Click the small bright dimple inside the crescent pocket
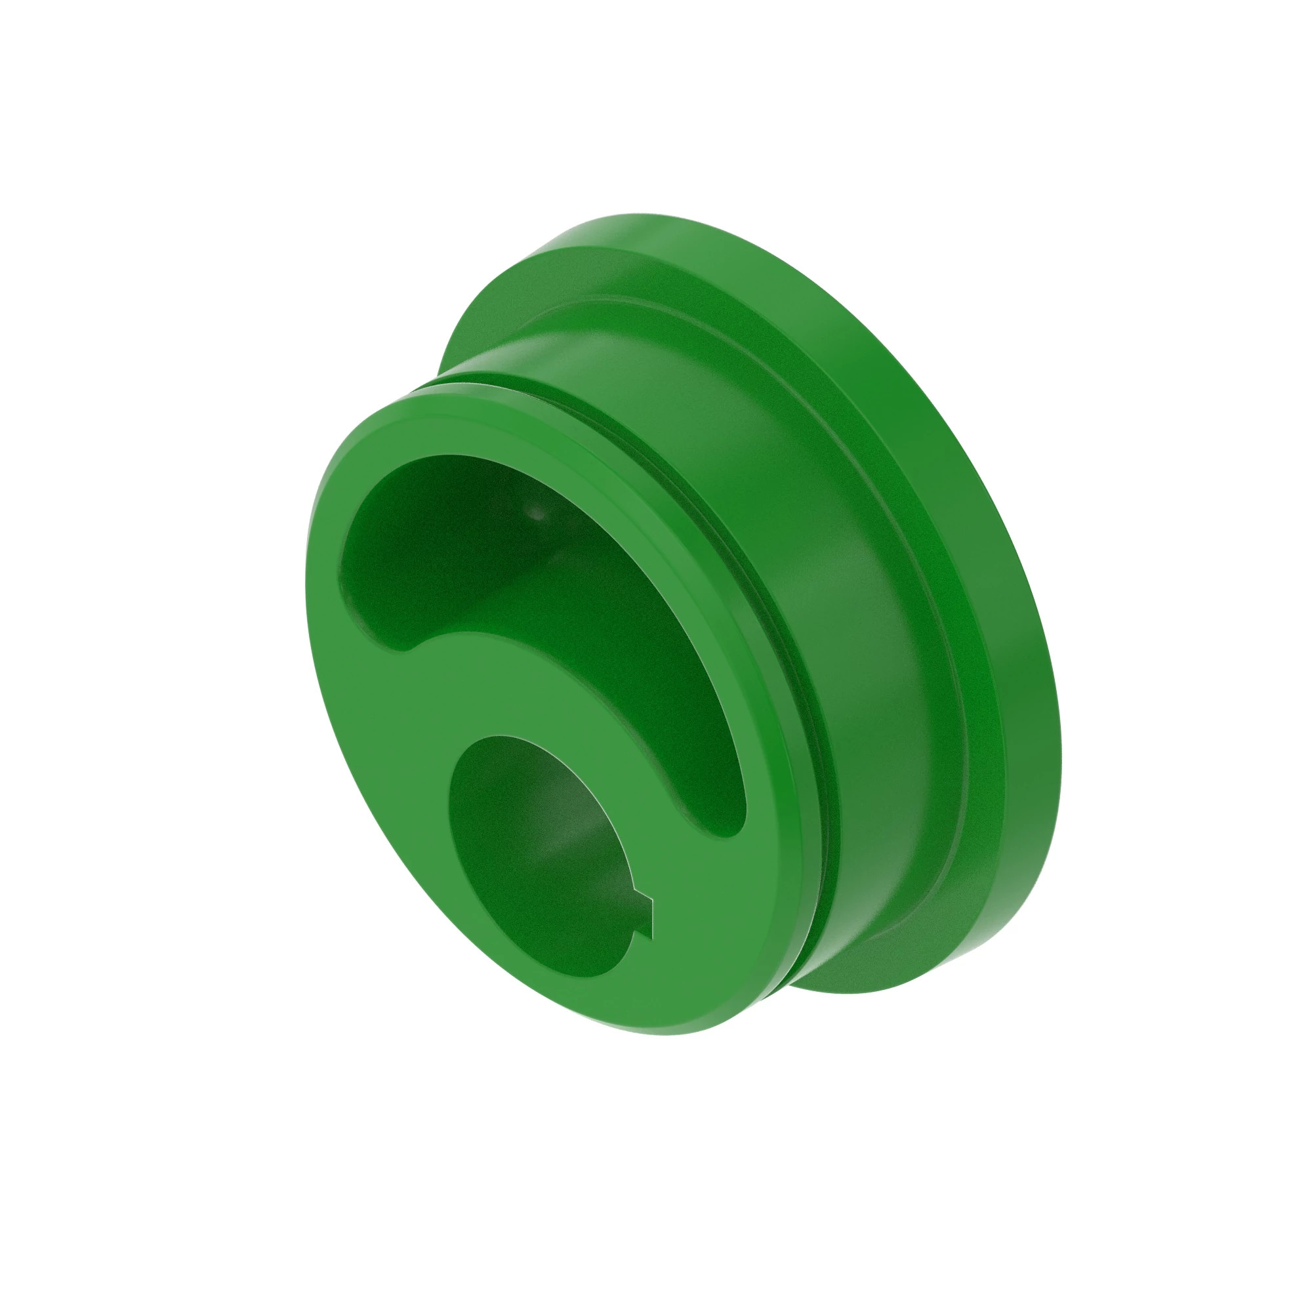coord(537,514)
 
